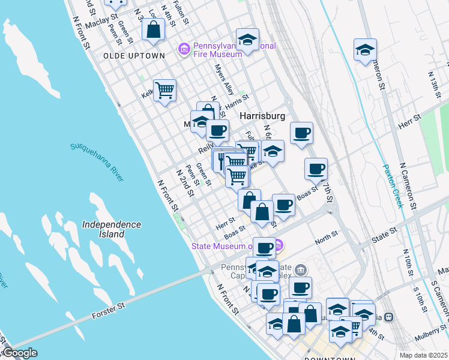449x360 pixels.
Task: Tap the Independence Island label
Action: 112,229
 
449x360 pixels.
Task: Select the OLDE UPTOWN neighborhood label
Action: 134,55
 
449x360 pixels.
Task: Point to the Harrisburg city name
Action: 262,115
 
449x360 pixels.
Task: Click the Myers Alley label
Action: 224,80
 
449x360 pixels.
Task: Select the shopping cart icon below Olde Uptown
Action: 164,91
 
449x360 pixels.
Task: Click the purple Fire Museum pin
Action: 184,49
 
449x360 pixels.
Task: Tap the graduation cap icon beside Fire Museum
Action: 247,40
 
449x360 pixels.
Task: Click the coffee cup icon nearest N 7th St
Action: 316,169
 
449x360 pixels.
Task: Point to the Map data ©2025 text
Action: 423,355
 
